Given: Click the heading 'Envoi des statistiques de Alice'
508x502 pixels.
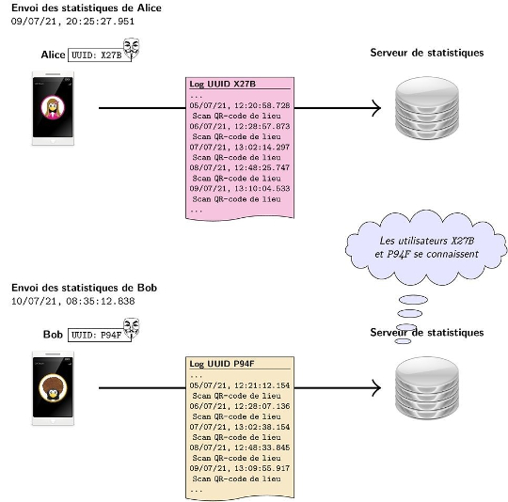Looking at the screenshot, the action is (87, 8).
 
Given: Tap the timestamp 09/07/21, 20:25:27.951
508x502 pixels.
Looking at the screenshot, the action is (72, 22).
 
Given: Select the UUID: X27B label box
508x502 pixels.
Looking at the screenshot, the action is (100, 55).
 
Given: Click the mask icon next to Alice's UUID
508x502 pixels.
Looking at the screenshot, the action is (131, 48).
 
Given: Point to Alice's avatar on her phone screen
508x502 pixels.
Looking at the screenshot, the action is (53, 108).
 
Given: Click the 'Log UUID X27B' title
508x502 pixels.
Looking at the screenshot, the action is (223, 84).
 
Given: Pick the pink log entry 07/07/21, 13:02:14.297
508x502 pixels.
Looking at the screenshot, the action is (240, 148).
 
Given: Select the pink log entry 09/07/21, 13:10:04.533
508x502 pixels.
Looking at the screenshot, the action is (240, 189).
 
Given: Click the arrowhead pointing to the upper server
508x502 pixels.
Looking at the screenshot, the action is (376, 108).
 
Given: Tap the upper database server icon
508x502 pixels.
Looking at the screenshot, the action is (427, 108).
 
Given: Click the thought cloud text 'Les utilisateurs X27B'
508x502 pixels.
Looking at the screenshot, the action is (427, 241).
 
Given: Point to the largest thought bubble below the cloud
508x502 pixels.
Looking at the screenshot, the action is (413, 300).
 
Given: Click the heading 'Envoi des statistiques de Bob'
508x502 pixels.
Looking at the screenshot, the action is (84, 288).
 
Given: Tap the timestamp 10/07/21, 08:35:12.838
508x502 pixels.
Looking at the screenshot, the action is (72, 302).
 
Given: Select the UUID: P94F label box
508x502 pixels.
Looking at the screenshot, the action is (100, 335).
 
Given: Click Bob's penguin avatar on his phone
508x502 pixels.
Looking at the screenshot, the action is (53, 387).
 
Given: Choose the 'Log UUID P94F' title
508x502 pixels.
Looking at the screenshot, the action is (222, 364).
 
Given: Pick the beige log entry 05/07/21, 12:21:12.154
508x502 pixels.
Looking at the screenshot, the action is (240, 385).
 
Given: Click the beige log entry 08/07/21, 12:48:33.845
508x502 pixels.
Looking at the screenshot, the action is (240, 448).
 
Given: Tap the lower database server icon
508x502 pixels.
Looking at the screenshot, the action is (427, 388).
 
